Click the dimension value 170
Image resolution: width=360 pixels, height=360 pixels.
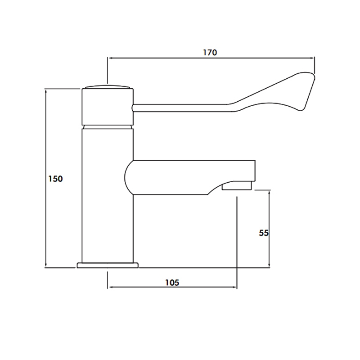[x=210, y=52]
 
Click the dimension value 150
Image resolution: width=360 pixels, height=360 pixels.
[x=55, y=179]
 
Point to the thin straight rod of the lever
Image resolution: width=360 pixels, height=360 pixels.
[x=180, y=106]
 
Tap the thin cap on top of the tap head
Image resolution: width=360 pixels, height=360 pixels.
[x=108, y=86]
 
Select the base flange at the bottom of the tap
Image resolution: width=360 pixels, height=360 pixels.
[x=108, y=265]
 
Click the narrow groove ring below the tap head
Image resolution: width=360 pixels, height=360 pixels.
[x=108, y=127]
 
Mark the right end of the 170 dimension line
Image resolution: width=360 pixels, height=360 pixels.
[x=314, y=58]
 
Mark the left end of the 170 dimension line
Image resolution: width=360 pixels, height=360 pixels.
[x=107, y=58]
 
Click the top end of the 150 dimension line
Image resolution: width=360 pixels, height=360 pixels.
[x=46, y=89]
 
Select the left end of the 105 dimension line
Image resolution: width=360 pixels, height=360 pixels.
[x=107, y=287]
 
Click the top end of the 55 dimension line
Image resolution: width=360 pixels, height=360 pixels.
[x=269, y=190]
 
